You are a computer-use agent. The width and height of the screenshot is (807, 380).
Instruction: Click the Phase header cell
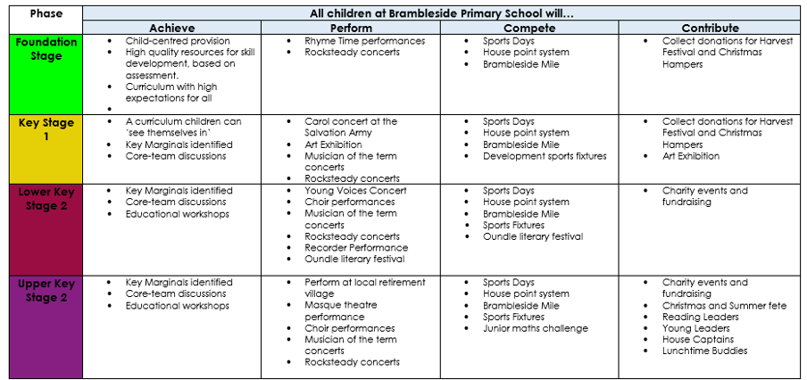click(43, 14)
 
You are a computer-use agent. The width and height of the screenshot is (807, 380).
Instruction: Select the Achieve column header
click(171, 29)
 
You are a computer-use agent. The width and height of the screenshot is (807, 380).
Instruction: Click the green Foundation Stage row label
click(46, 49)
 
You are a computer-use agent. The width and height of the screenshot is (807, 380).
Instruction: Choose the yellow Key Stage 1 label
click(46, 129)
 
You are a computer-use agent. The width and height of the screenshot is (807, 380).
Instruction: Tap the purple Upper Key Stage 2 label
click(46, 291)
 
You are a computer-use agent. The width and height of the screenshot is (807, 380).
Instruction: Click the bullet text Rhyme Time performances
click(364, 41)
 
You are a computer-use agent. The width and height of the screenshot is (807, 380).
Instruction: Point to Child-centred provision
click(177, 41)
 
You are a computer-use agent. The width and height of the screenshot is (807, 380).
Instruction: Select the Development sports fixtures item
click(544, 156)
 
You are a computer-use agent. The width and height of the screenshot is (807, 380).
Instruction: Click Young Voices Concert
click(355, 191)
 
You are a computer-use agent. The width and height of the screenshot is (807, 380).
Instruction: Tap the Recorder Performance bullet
click(356, 248)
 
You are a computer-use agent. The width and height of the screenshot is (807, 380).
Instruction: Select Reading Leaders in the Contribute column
click(700, 317)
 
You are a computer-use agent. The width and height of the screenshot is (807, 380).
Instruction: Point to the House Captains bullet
click(697, 340)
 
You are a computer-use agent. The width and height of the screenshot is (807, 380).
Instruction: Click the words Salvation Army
click(338, 133)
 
